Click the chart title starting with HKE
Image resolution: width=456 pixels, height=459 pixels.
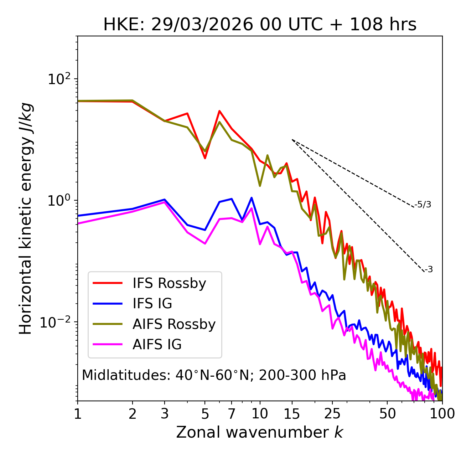[x=260, y=25]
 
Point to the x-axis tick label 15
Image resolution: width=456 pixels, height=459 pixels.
[x=292, y=414]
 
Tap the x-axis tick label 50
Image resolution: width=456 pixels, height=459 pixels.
[x=387, y=414]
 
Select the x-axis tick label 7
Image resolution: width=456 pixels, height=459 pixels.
[x=232, y=414]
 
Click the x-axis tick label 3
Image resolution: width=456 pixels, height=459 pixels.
[x=164, y=414]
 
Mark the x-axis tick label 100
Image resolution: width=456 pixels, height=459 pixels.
[x=442, y=414]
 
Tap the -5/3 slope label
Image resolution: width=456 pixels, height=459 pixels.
[x=423, y=205]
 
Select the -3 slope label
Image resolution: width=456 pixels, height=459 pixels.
[x=429, y=270]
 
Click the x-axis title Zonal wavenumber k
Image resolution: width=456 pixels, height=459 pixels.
[x=260, y=432]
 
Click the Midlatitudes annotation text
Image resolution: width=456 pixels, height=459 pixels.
[x=214, y=375]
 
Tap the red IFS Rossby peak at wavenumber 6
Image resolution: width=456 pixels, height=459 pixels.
[x=219, y=111]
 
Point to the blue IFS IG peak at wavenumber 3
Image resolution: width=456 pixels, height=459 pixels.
[x=164, y=200]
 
